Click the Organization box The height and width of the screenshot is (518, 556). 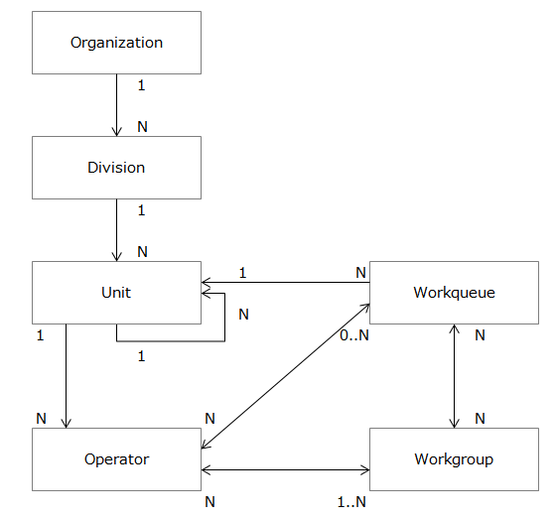[117, 43]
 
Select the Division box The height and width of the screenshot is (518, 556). [117, 168]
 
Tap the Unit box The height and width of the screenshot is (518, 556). [117, 293]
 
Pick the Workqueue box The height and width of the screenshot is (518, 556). [455, 293]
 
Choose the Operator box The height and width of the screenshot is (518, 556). [117, 459]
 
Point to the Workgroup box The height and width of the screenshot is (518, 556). [455, 459]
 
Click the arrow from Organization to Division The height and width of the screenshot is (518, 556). [117, 105]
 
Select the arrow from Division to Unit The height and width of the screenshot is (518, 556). [117, 230]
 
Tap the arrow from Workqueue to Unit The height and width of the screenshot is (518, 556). [286, 283]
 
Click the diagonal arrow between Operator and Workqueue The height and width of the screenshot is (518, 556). [286, 376]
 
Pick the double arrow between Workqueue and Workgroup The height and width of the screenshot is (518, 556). [455, 376]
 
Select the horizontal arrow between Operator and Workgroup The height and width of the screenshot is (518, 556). [286, 470]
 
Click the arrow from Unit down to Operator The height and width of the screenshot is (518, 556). [66, 376]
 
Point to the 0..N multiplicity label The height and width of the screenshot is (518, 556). [354, 335]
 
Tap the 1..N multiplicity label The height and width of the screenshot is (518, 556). [351, 502]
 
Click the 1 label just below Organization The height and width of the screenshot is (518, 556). [141, 85]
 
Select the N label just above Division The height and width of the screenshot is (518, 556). [142, 126]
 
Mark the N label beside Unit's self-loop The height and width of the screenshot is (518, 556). [243, 315]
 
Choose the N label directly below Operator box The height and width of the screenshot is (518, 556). [209, 502]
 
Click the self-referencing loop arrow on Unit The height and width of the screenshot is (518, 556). [224, 318]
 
